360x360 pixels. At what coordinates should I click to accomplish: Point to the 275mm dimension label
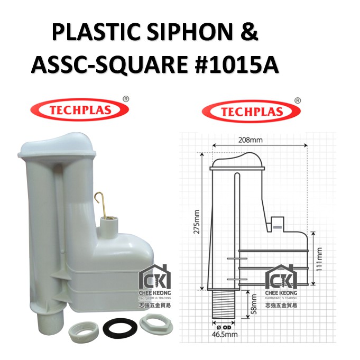point(197,221)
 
